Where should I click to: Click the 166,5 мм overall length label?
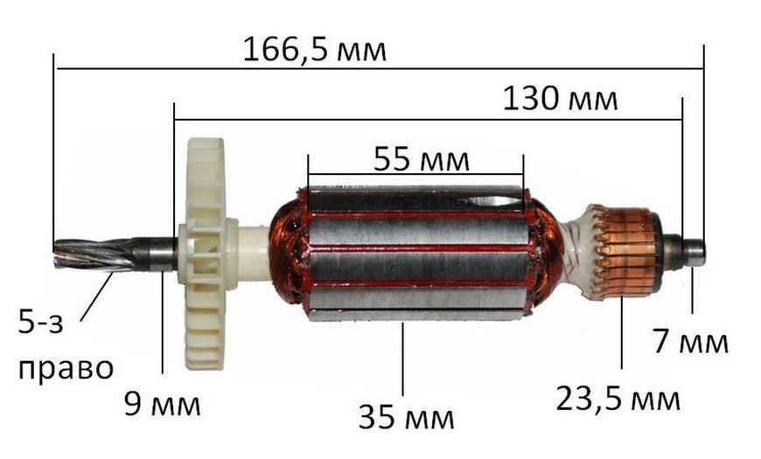315,50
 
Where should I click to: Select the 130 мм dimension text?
560,99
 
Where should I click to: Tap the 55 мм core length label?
422,159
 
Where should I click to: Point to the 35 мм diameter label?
406,417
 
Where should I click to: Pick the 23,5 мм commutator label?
618,400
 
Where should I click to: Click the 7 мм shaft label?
690,341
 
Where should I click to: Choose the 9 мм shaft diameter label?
162,404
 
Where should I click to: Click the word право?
66,370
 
